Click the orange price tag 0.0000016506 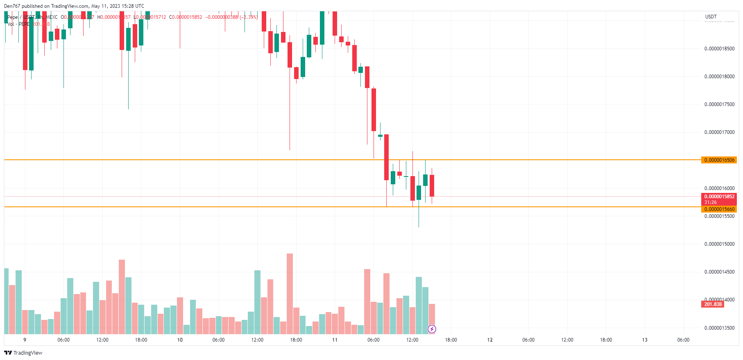point(719,160)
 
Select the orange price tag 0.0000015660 point(719,209)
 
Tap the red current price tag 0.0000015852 point(719,197)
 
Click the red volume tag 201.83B point(713,304)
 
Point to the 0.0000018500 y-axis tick point(719,49)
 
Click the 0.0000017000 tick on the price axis point(719,132)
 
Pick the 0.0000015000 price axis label point(719,244)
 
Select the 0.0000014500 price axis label point(719,272)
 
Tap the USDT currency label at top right point(711,17)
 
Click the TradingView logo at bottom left point(23,353)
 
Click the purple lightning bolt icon point(432,329)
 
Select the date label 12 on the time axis point(490,340)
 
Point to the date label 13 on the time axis point(645,340)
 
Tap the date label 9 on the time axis point(25,340)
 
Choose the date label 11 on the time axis point(335,340)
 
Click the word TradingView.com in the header point(70,6)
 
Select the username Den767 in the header point(12,6)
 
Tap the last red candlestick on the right point(432,186)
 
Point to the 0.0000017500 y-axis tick point(719,104)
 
